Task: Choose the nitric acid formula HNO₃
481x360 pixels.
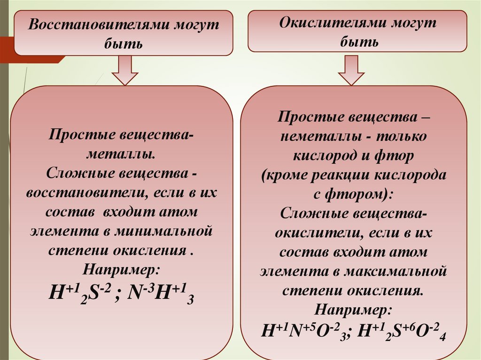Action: point(305,331)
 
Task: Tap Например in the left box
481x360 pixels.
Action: point(121,269)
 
